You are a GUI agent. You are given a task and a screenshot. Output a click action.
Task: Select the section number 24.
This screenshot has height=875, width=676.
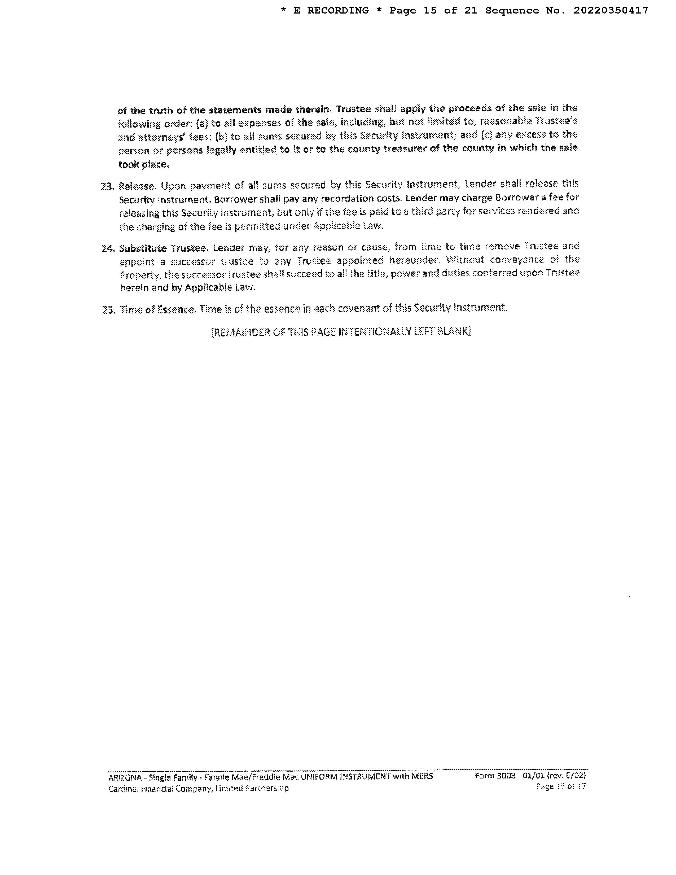108,248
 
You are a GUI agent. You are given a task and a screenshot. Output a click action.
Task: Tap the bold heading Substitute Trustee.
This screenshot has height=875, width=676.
163,248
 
